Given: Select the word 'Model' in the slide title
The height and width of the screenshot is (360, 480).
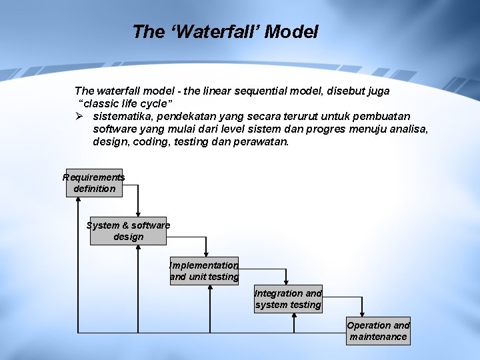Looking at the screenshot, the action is click(x=291, y=31).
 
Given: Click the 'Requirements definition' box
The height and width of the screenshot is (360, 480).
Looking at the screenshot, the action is click(x=94, y=183).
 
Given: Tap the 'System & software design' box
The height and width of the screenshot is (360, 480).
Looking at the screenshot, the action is click(x=128, y=231).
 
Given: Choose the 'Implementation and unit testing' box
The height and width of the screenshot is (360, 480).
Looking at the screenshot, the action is click(x=204, y=271).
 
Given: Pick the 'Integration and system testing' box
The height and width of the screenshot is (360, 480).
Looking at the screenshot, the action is click(x=288, y=299).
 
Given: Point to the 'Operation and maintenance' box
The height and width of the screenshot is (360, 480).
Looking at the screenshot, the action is click(x=378, y=331).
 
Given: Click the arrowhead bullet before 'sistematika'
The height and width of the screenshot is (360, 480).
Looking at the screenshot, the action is click(x=79, y=117).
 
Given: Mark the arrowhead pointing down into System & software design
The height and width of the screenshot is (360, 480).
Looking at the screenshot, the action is click(x=139, y=214).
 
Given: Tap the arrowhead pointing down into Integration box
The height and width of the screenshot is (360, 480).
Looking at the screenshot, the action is click(x=286, y=282).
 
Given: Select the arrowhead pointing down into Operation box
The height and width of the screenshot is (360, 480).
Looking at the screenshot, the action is click(x=362, y=313).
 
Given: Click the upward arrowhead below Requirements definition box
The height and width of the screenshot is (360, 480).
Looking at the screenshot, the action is click(x=79, y=201).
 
